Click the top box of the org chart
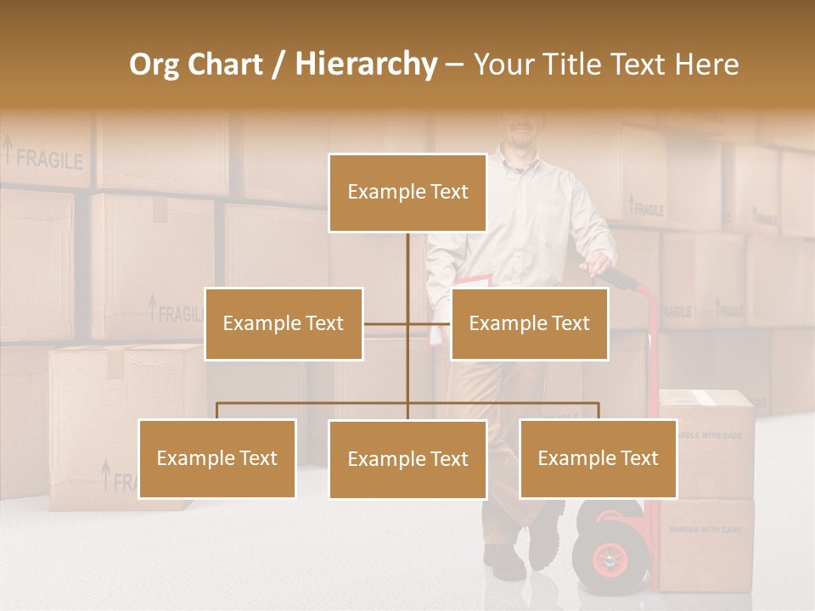(x=407, y=193)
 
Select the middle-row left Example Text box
(x=284, y=323)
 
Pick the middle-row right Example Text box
(x=529, y=323)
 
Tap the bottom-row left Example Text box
(x=216, y=458)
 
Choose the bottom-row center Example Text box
(x=407, y=459)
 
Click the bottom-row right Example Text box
(x=598, y=458)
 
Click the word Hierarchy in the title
(x=366, y=64)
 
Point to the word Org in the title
(x=154, y=64)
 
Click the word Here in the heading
(x=705, y=64)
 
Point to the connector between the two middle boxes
(x=407, y=323)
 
